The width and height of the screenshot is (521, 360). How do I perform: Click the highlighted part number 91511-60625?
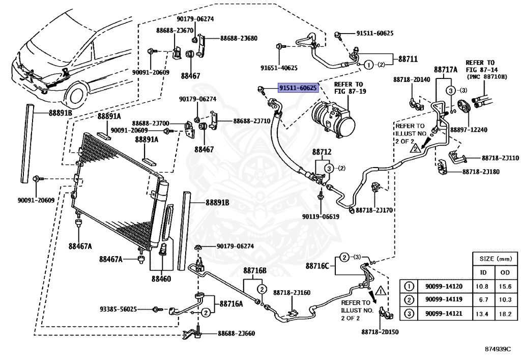298,88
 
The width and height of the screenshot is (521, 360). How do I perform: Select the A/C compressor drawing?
333,118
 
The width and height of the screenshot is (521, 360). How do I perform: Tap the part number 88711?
408,59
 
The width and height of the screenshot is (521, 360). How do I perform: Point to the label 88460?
161,279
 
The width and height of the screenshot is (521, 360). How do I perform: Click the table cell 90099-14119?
444,299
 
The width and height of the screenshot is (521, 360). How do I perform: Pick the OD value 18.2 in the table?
505,314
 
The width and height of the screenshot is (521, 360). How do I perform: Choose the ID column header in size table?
483,272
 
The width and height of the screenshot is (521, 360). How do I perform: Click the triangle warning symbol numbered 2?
415,148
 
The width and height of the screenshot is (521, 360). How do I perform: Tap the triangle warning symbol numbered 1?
381,291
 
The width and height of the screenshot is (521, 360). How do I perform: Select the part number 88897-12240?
468,130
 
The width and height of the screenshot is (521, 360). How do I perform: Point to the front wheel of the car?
77,95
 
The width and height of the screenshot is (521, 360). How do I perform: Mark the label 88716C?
317,266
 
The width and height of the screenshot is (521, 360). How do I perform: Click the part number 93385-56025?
118,309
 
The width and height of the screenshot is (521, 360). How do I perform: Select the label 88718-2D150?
380,332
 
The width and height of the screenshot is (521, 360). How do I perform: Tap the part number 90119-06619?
321,217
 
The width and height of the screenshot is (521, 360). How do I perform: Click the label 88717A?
446,69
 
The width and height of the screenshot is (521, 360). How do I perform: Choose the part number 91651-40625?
279,68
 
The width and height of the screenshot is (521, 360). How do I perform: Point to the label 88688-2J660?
236,333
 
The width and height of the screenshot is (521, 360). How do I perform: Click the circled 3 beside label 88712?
329,169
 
